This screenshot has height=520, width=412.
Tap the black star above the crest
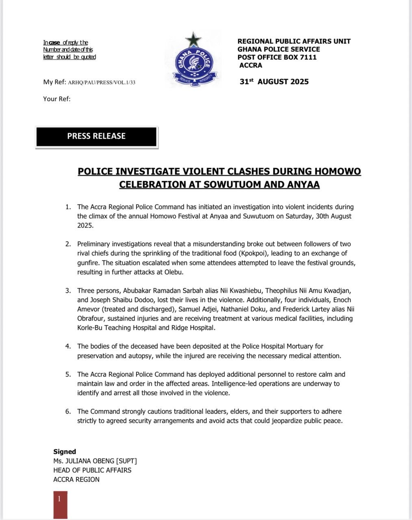(x=193, y=40)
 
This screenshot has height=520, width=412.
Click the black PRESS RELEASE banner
(x=96, y=136)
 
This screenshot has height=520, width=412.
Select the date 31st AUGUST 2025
(x=274, y=82)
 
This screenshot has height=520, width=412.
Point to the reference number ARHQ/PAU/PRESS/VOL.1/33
(x=102, y=82)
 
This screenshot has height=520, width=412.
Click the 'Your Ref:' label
(x=57, y=99)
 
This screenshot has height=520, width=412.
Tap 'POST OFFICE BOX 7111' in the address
(x=277, y=57)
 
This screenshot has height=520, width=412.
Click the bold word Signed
(x=65, y=452)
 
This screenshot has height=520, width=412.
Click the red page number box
(x=60, y=504)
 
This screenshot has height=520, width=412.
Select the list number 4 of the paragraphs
(x=68, y=347)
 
